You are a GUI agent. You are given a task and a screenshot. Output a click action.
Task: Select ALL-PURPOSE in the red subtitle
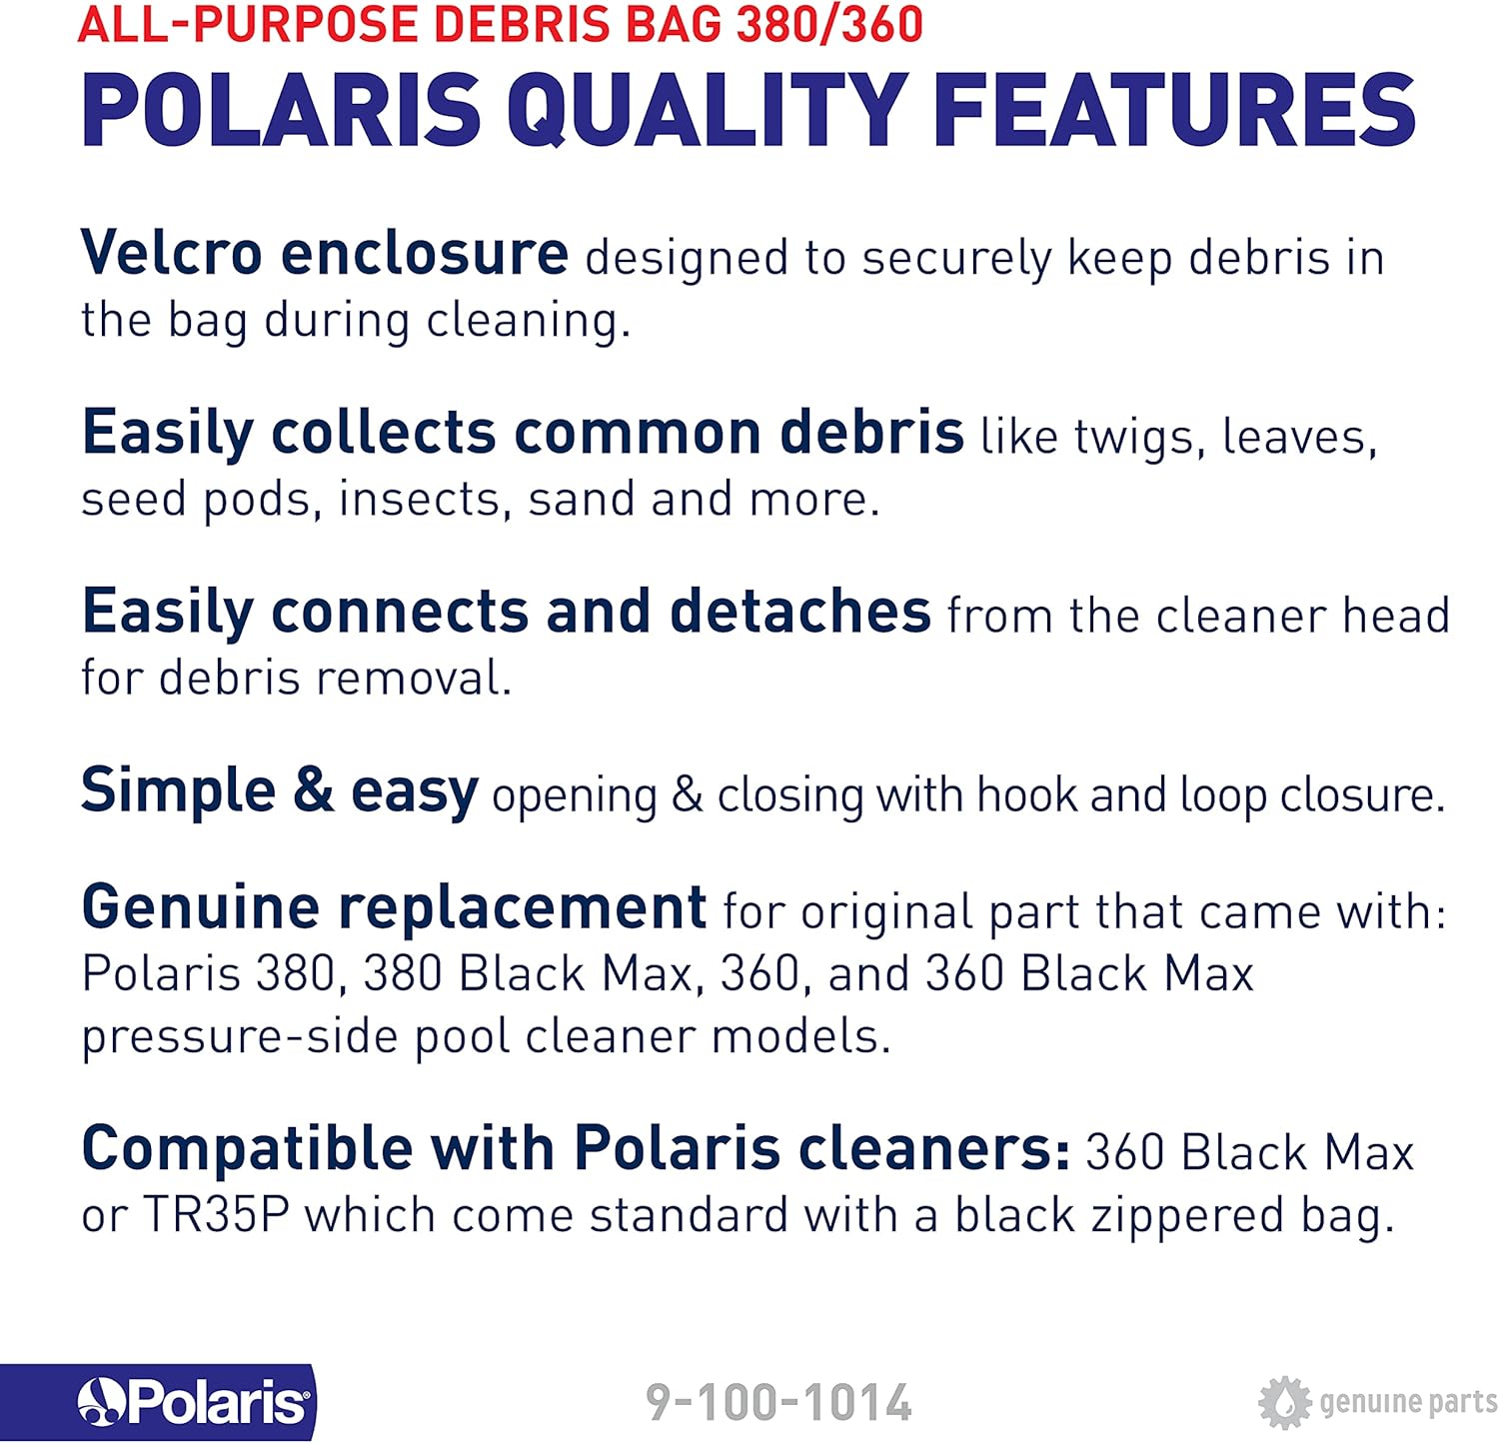tap(247, 23)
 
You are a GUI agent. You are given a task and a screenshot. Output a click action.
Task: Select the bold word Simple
tap(178, 791)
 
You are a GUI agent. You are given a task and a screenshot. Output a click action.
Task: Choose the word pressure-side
tap(240, 1037)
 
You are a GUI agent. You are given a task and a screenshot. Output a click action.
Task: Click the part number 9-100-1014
tap(778, 1402)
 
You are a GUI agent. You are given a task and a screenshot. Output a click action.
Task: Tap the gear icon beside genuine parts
tap(1284, 1402)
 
